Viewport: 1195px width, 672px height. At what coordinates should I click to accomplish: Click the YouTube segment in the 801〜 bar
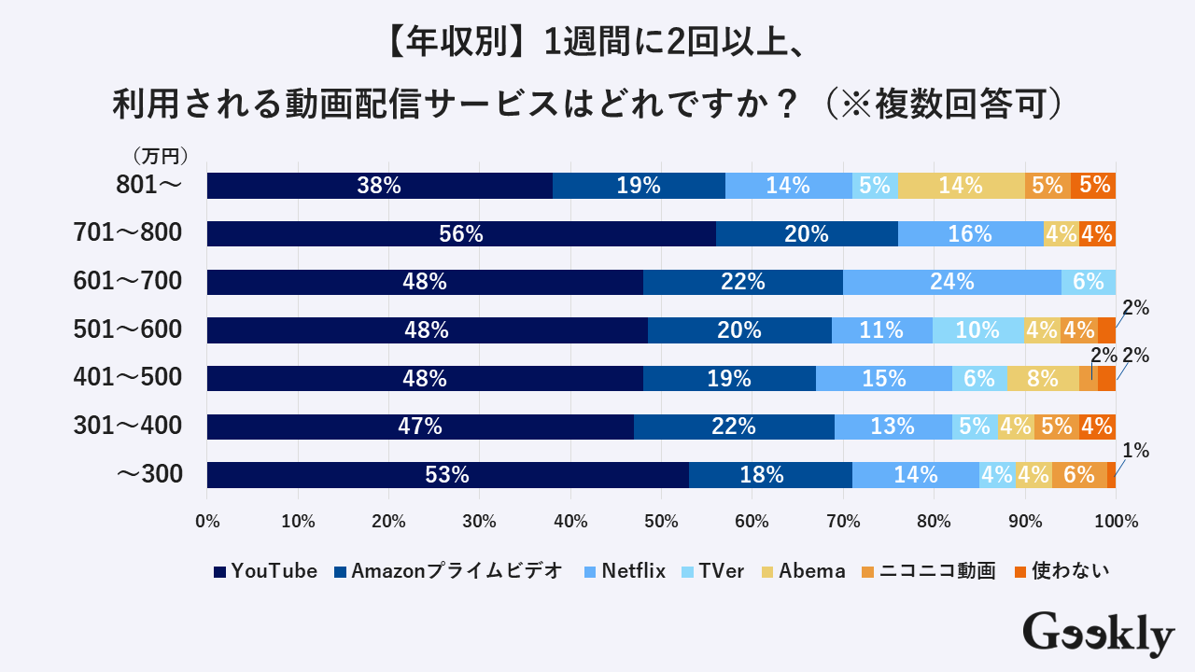click(x=379, y=186)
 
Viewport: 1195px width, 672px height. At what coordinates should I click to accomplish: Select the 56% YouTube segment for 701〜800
click(x=461, y=234)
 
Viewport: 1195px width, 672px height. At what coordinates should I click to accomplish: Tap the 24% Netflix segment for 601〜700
click(x=952, y=282)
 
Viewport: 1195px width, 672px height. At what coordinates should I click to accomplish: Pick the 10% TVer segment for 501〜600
click(x=978, y=330)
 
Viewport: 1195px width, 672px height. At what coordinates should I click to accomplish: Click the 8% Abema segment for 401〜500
click(x=1043, y=379)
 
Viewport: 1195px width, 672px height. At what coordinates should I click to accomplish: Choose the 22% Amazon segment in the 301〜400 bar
click(x=734, y=427)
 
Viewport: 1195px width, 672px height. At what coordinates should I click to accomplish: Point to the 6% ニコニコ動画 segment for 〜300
click(x=1079, y=475)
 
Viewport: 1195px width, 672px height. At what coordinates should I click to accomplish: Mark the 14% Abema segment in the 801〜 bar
click(x=961, y=186)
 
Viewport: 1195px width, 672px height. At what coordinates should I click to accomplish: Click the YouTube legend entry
click(x=265, y=571)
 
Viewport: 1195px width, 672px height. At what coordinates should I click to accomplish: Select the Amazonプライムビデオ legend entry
click(x=448, y=571)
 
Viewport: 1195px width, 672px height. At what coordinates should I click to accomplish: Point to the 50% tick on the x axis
click(x=661, y=522)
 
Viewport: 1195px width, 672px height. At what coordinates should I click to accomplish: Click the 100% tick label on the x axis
click(x=1116, y=522)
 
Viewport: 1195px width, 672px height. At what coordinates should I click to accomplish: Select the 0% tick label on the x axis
click(x=207, y=522)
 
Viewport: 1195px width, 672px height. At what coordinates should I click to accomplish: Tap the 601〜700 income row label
click(x=128, y=281)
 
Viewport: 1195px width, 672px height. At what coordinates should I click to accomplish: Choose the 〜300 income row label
click(x=148, y=475)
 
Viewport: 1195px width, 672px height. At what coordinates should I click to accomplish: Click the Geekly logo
click(x=1098, y=634)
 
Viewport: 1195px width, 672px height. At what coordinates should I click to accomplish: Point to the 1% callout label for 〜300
click(x=1135, y=451)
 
